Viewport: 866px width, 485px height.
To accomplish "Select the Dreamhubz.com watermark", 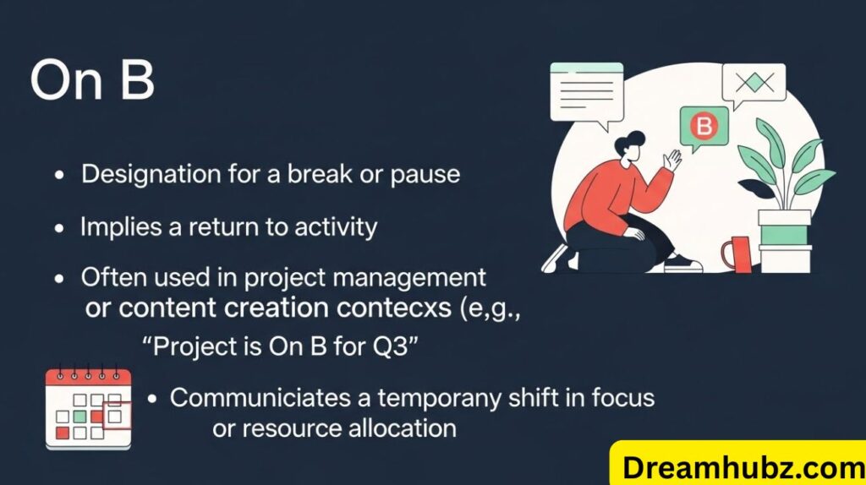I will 736,464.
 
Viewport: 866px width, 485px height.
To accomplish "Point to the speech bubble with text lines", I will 585,91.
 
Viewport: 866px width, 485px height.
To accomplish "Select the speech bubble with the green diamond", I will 753,83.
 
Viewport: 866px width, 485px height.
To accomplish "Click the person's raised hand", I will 673,159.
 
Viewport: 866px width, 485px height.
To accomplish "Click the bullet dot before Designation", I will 59,176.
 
